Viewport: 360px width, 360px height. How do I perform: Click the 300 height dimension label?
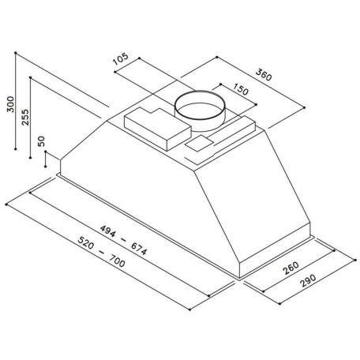[10, 104]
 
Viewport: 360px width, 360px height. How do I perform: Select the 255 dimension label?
[25, 117]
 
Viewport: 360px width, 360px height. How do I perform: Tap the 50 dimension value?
[42, 141]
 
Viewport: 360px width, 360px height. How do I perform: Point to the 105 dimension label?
[120, 58]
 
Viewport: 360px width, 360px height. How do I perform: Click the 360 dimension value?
[264, 75]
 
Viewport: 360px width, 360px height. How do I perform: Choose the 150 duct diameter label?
[241, 89]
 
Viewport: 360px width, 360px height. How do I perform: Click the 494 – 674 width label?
[123, 240]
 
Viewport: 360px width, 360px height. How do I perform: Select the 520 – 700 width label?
[102, 252]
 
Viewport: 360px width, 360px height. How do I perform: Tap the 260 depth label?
[291, 268]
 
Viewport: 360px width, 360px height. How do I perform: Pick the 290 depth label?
[308, 281]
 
